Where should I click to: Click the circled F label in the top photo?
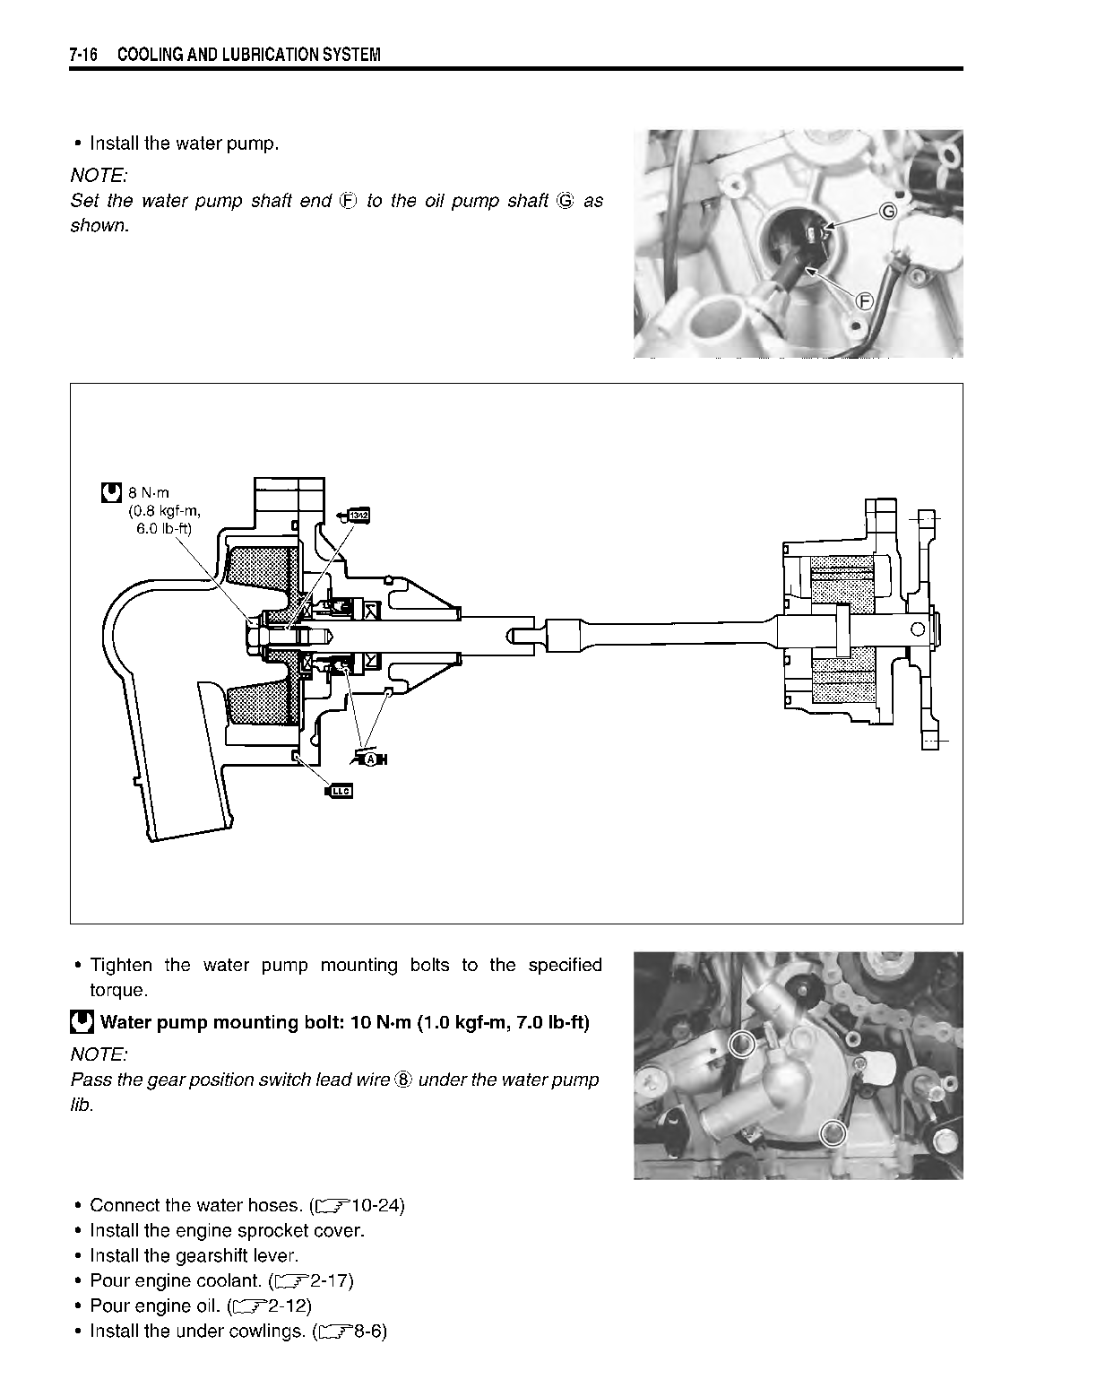tap(864, 301)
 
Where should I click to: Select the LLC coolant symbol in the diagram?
tap(341, 790)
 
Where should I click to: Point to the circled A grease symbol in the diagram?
tap(370, 759)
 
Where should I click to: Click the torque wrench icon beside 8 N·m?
tap(111, 492)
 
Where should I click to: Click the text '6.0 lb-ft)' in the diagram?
tap(164, 529)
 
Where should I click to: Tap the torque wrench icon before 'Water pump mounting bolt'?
tap(82, 1022)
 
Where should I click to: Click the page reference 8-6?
tap(369, 1332)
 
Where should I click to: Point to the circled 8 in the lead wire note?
tap(402, 1080)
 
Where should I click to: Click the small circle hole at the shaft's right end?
tap(917, 629)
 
